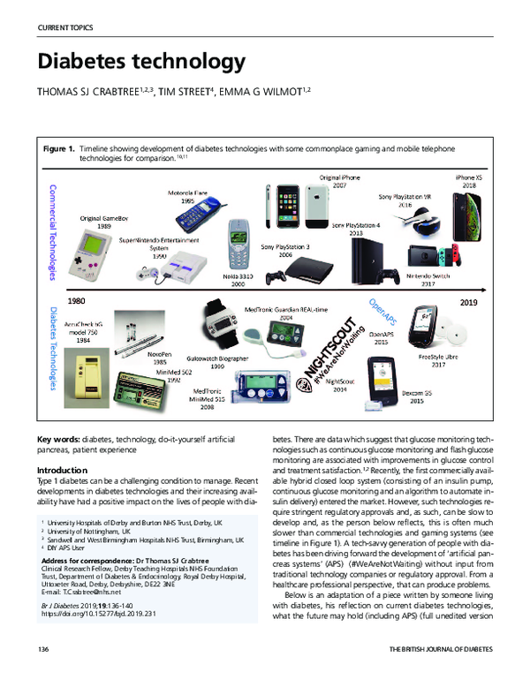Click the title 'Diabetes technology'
[x=140, y=63]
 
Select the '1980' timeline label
[x=77, y=300]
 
